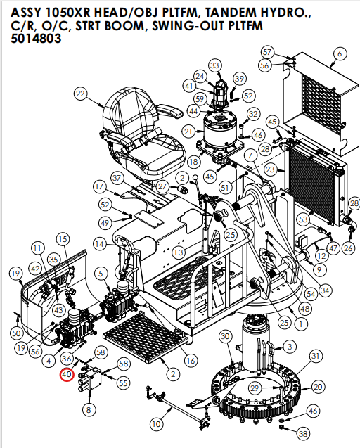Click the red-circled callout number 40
67,375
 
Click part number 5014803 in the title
36,39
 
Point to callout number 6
340,53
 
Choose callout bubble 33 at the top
214,65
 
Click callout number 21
188,131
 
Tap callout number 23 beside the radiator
271,169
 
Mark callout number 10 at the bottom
155,424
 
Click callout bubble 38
303,433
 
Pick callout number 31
316,356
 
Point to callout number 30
225,337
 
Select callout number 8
88,409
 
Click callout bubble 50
16,332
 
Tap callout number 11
37,248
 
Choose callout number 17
100,187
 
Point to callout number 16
190,361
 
